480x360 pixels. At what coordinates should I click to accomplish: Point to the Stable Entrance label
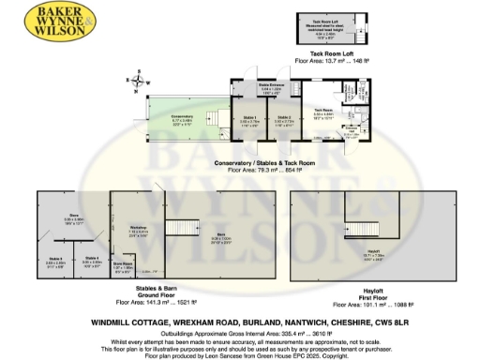(x=271, y=91)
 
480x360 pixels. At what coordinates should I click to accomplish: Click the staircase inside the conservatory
(x=217, y=119)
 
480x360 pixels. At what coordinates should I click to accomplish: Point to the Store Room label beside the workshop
(x=123, y=266)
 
